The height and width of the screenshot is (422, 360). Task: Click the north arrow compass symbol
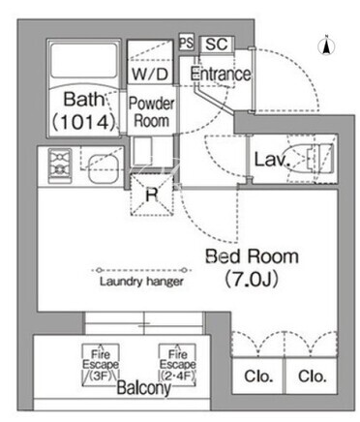tap(326, 45)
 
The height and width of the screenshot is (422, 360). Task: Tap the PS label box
tap(187, 42)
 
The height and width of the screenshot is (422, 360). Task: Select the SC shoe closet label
tap(217, 44)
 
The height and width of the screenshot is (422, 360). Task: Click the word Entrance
tap(221, 74)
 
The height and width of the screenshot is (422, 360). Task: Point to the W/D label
tap(150, 75)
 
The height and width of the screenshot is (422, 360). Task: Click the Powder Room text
tap(151, 112)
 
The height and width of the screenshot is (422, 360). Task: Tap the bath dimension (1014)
tap(84, 122)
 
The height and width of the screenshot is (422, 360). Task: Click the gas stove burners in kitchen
tap(60, 166)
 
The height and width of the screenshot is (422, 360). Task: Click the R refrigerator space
tap(152, 195)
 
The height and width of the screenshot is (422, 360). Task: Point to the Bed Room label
tap(252, 256)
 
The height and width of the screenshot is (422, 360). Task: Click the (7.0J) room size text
tap(252, 280)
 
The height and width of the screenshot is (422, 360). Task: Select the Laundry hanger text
tap(141, 282)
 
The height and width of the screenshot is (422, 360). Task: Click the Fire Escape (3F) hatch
tap(101, 365)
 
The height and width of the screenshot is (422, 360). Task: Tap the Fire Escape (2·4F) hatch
tap(177, 365)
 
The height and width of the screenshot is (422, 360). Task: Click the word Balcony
tap(143, 387)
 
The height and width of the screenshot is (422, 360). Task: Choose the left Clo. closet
tap(258, 376)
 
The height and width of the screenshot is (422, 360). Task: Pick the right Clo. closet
tap(312, 376)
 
